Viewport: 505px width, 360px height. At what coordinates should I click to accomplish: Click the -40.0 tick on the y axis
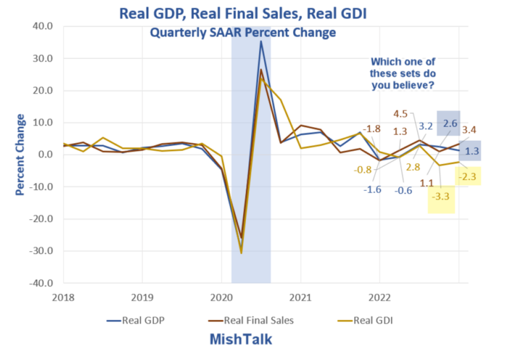41,283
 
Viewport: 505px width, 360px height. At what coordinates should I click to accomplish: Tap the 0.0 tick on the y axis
46,155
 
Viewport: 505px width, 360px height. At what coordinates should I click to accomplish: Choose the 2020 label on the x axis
221,297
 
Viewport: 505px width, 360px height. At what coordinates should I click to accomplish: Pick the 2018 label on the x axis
63,297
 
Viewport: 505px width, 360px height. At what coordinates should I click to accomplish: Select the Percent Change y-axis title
20,155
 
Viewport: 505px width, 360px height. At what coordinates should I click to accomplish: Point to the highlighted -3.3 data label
441,197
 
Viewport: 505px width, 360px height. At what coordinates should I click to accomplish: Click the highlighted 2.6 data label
450,124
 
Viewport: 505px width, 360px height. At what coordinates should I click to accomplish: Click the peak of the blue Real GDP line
261,41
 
